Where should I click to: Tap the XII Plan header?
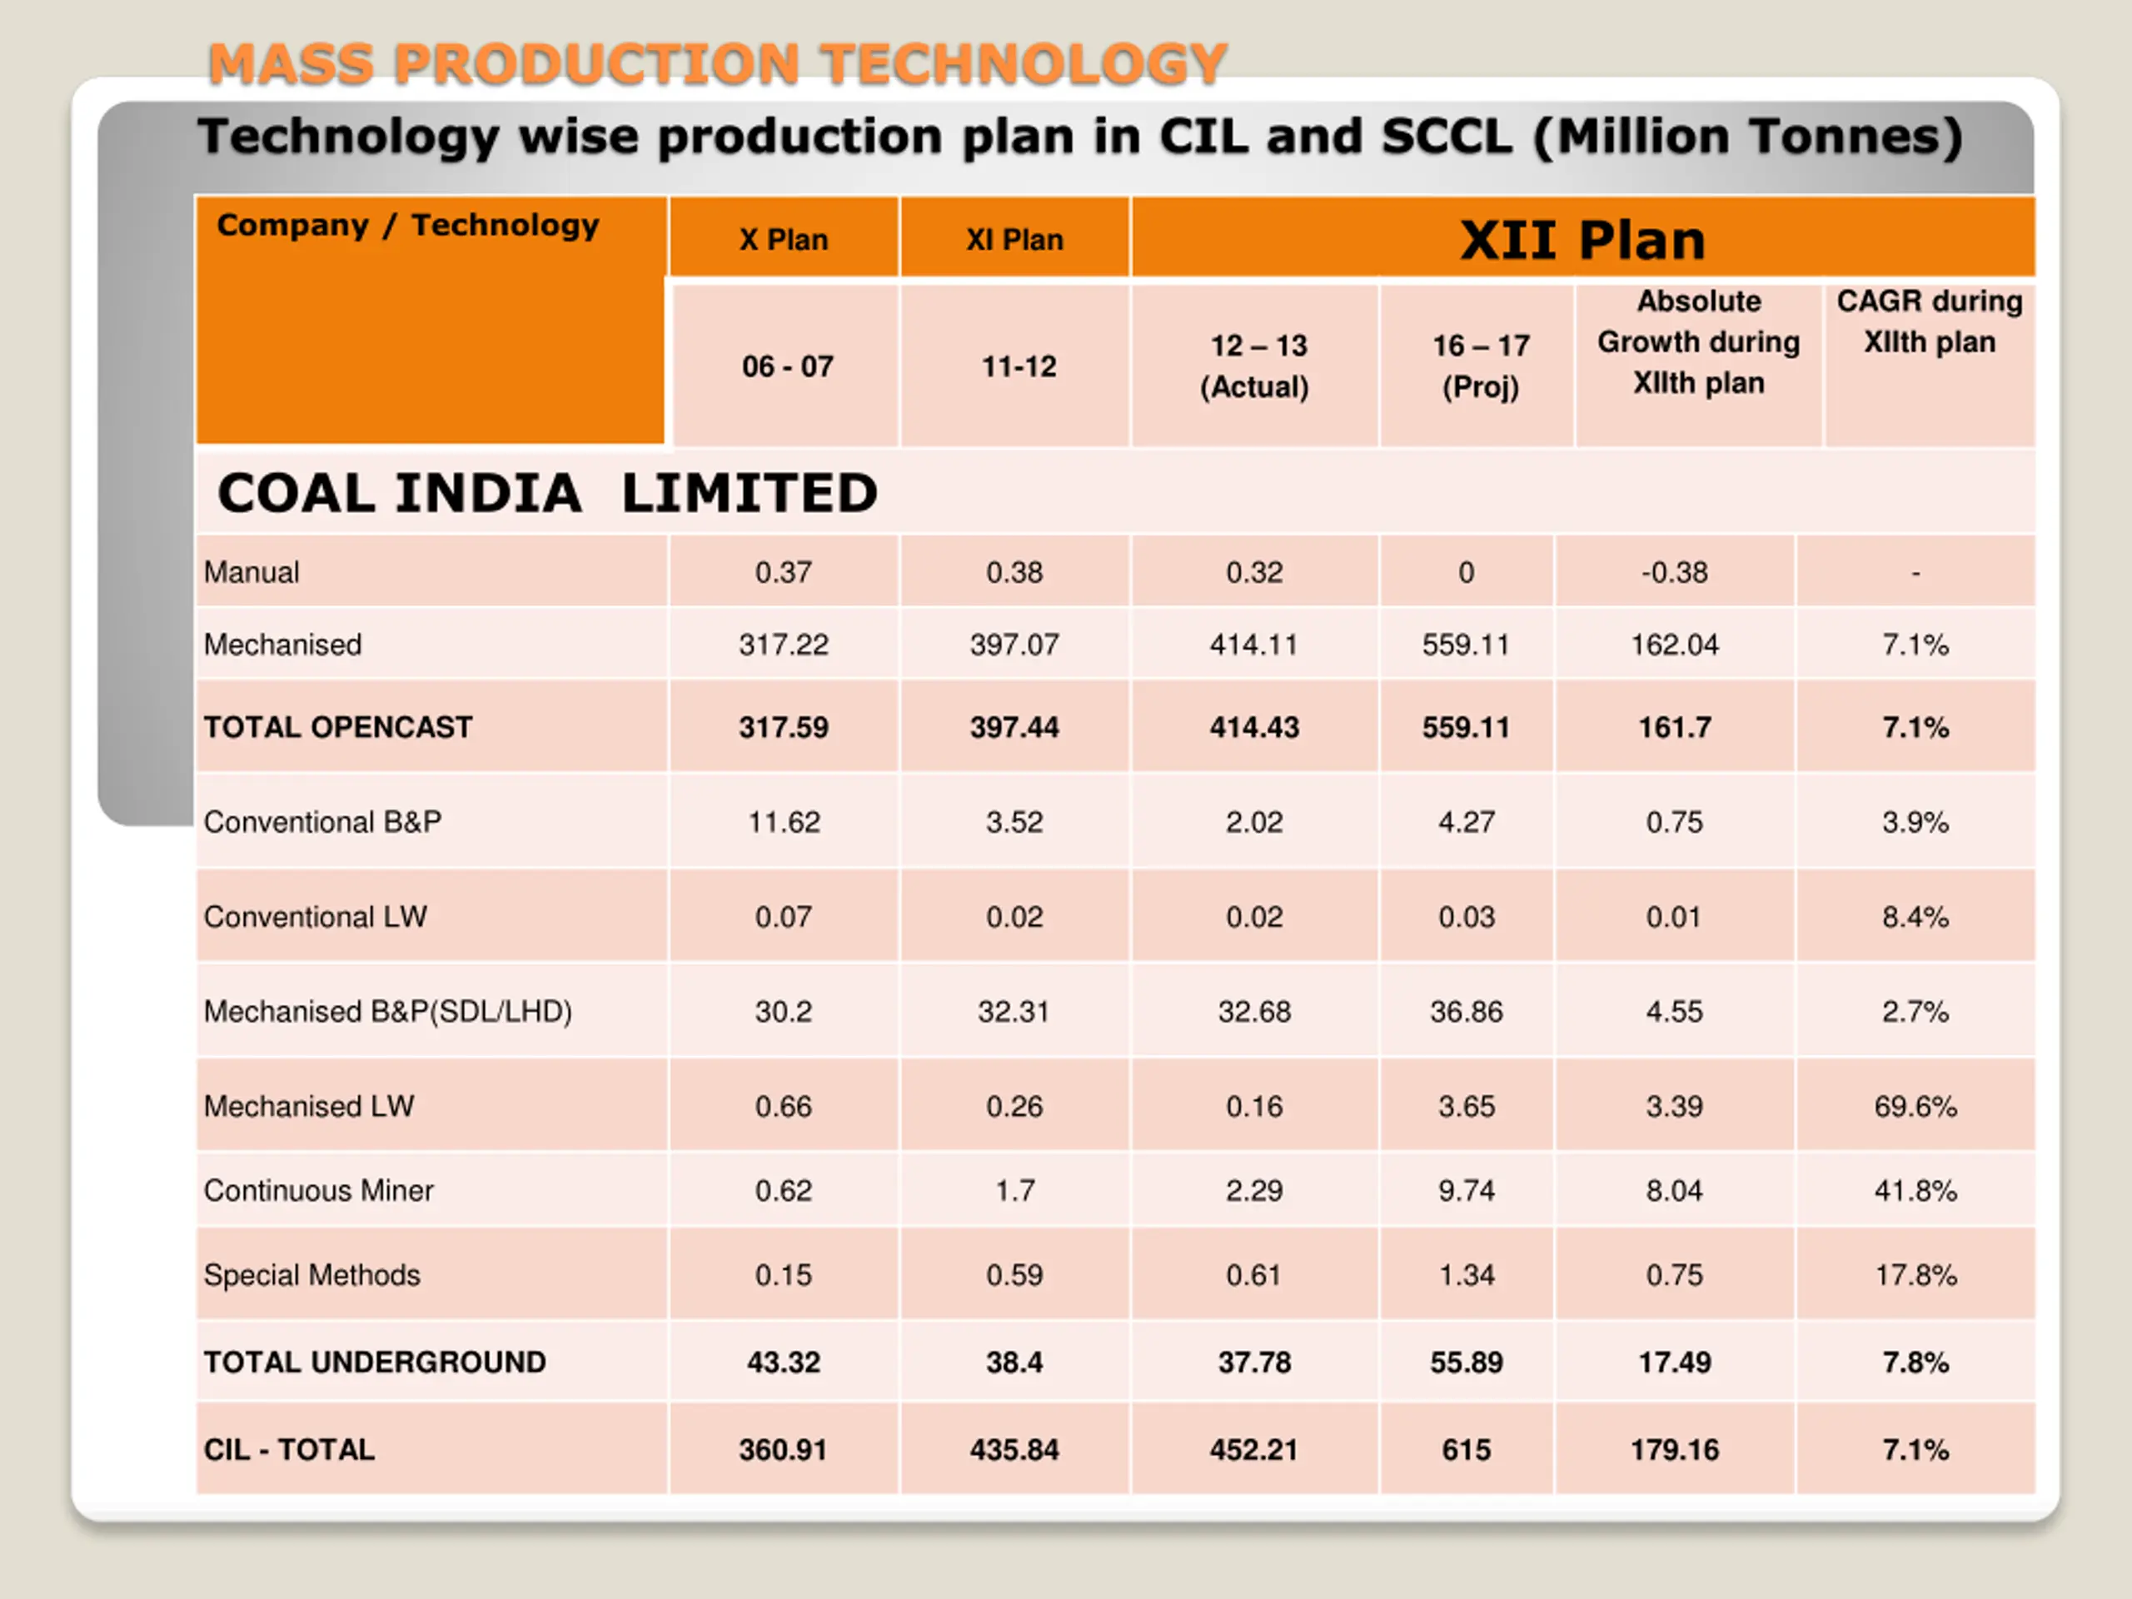point(1582,240)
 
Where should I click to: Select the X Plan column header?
point(784,240)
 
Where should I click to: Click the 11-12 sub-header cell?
point(1018,366)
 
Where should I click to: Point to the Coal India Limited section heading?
point(547,494)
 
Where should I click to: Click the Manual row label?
point(252,572)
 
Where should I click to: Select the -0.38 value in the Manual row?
point(1674,572)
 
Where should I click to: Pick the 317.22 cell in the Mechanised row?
point(784,645)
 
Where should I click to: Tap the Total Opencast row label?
point(338,727)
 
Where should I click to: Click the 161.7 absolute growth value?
point(1674,727)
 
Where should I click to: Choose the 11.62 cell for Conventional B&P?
point(784,822)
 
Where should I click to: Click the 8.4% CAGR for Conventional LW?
point(1915,917)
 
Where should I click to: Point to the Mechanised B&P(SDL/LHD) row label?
point(387,1011)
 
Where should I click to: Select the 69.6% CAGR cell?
point(1915,1107)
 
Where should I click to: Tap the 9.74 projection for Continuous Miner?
point(1466,1190)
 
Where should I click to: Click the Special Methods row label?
point(312,1275)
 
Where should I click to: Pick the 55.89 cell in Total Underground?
point(1466,1362)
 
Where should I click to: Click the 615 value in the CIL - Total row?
point(1466,1450)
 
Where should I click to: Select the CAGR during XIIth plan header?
point(1929,322)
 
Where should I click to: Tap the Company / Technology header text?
point(408,226)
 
